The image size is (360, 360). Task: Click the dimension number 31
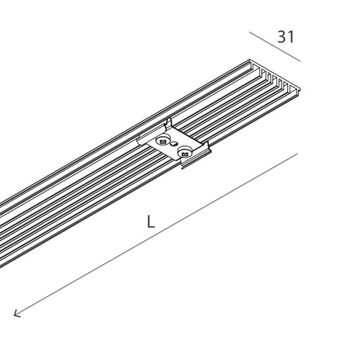tap(286, 37)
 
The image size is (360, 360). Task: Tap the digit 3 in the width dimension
tap(282, 37)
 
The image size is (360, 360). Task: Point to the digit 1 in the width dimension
tap(291, 37)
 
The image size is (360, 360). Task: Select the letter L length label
tap(150, 221)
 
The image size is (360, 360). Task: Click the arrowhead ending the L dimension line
tap(17, 314)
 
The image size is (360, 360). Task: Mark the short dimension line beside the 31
tap(274, 47)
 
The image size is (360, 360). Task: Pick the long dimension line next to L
tap(156, 235)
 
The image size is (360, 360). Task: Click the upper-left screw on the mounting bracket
tap(163, 140)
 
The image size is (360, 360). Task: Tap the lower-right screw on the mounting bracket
tap(185, 152)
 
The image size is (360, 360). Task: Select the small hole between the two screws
tap(174, 144)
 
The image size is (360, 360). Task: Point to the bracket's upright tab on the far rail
tap(169, 123)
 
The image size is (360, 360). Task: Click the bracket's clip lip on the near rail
tap(196, 161)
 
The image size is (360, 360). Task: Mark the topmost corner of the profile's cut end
tap(250, 60)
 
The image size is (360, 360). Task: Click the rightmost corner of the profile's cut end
tap(300, 89)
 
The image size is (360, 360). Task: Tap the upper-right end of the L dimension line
tap(297, 153)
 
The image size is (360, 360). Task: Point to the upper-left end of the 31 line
tap(249, 32)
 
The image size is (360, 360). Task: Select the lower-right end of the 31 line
tap(300, 61)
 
